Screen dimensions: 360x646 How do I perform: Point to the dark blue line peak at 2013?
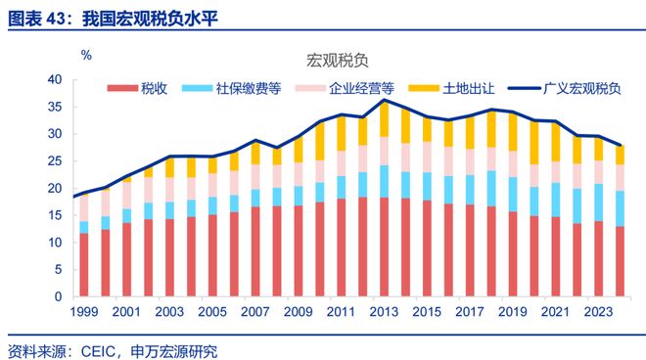(385, 100)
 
